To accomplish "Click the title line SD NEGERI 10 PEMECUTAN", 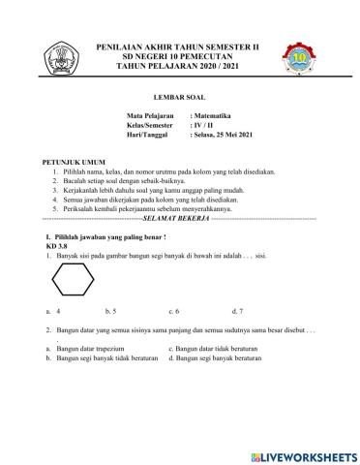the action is pyautogui.click(x=180, y=56).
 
